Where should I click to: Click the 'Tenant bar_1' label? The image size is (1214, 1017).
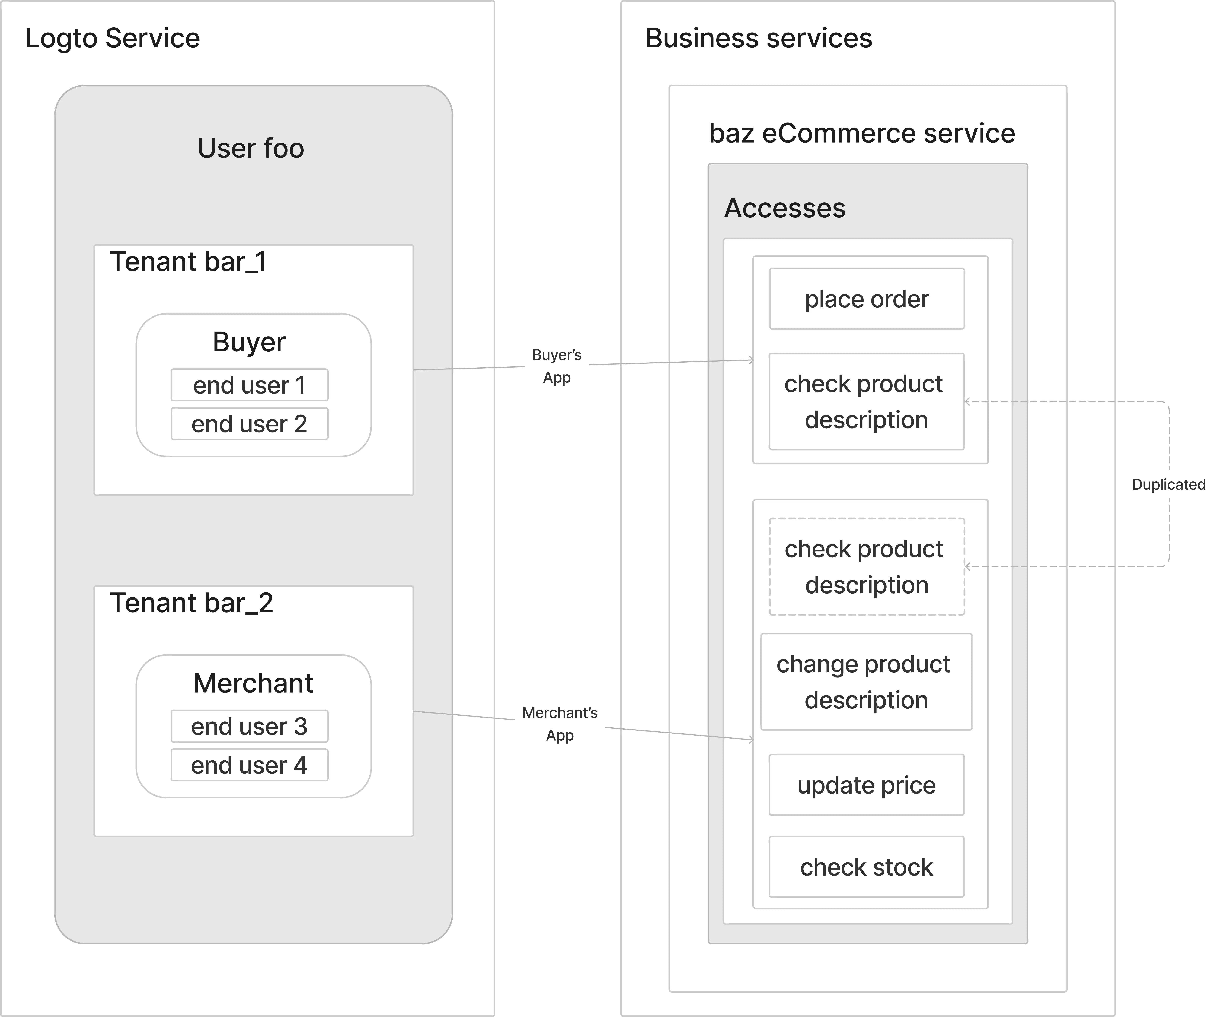click(188, 262)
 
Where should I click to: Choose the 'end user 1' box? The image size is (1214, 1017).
click(249, 385)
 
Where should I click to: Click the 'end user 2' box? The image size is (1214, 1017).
click(249, 423)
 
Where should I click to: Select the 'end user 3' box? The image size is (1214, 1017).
click(249, 726)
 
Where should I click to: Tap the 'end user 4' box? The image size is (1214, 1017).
click(249, 765)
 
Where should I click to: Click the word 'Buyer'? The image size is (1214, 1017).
click(249, 342)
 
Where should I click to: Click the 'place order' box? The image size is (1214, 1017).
click(867, 299)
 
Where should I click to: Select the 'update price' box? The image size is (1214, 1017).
click(867, 785)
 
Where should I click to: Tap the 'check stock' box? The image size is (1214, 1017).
click(867, 867)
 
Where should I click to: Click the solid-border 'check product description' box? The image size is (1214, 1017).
click(867, 402)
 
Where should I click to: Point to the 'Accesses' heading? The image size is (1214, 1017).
click(784, 208)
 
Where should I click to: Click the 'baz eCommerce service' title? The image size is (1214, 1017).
click(862, 134)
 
